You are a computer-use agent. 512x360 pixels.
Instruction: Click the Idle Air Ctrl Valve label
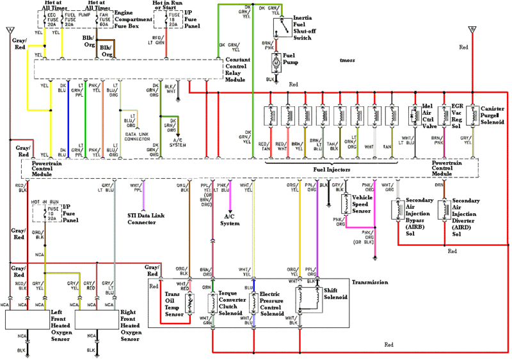[x=431, y=117]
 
